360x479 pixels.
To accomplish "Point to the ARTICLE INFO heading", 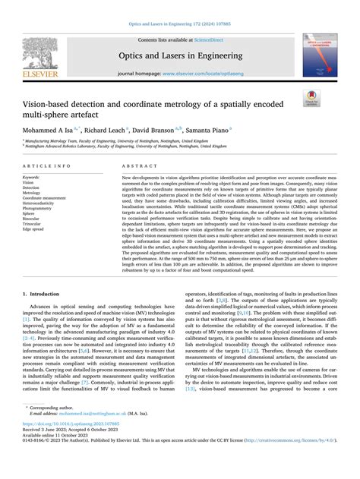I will point(46,165).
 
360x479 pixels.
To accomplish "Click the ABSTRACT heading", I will point(135,165).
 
